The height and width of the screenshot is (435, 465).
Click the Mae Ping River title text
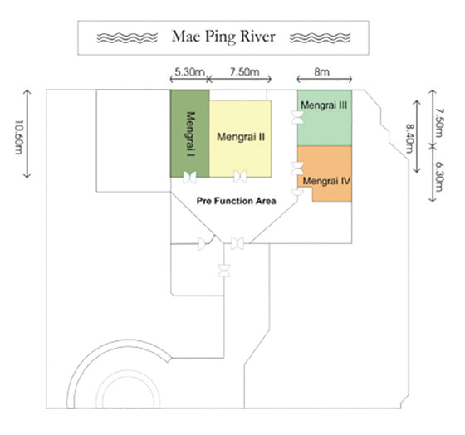pos(223,37)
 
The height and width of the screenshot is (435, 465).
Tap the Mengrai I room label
pos(191,134)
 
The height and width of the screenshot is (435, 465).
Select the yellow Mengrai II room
pos(240,139)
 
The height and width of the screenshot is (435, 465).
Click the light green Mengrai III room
pos(325,118)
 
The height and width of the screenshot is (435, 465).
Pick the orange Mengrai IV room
pos(325,174)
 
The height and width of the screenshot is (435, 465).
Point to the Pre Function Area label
pos(237,201)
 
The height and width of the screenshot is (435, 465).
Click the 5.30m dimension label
pos(189,71)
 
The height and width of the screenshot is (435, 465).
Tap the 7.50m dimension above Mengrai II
pos(245,71)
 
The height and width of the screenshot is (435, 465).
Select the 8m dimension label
pos(322,71)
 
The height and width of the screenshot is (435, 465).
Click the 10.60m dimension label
pos(19,137)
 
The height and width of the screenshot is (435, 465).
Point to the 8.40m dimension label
pos(409,138)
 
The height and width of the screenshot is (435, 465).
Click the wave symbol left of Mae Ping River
pos(127,37)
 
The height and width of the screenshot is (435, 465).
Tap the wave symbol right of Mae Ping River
pos(320,38)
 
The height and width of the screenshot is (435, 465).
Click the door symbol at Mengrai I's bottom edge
pos(189,178)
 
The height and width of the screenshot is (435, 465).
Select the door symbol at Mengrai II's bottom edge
pos(240,177)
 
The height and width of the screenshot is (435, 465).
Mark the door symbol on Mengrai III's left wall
pos(297,117)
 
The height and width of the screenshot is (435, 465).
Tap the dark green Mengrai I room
pos(190,134)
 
